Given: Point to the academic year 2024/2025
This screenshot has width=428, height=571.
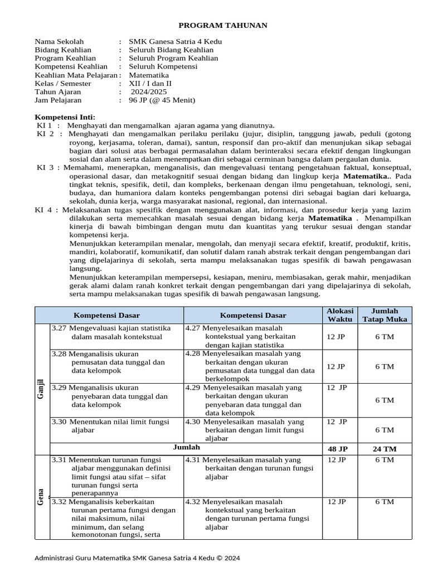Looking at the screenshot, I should (x=149, y=92).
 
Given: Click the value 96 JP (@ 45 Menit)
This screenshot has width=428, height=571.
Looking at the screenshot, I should (x=162, y=100).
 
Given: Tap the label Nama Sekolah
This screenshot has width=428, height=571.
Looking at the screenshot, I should (x=59, y=41).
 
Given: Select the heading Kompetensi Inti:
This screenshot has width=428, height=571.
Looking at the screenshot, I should (x=65, y=117).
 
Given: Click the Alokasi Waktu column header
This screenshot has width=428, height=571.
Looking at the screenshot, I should (x=339, y=315).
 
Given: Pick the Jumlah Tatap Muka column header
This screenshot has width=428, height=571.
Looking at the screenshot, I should (x=385, y=315).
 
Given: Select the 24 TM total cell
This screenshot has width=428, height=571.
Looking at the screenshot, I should (x=385, y=449).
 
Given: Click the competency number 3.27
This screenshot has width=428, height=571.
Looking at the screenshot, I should (x=59, y=328).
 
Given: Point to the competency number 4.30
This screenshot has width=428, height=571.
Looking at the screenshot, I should (x=193, y=422).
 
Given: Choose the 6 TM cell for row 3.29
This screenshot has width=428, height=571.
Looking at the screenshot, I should (x=385, y=400).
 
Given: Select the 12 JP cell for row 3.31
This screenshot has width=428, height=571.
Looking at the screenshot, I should (x=337, y=460).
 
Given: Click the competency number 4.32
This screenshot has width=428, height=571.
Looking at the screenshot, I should (x=193, y=502).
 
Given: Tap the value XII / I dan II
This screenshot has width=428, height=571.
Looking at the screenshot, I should (x=150, y=84).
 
